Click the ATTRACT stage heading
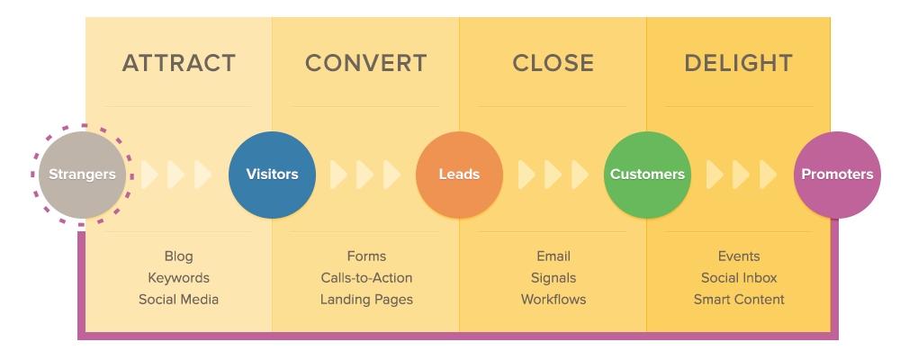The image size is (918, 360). pos(178,64)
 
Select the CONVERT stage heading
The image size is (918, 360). pos(365,64)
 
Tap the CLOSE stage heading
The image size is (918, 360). pos(553,64)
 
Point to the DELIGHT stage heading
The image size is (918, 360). pos(738,64)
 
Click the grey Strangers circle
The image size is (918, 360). pos(82,175)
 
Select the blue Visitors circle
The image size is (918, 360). pos(272,175)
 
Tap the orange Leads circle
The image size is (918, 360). pos(459,175)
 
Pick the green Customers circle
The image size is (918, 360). pos(647,175)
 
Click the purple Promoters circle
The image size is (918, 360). pos(837,175)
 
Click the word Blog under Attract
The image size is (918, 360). pos(178,256)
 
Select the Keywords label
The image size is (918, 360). pos(178,278)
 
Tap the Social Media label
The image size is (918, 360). pos(178,300)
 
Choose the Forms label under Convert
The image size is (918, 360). pos(366,256)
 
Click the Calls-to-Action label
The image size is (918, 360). pos(366,278)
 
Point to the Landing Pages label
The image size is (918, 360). pos(366,300)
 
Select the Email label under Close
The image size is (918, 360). pos(553,256)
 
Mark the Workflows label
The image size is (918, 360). pos(553,300)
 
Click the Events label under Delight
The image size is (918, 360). pos(739,256)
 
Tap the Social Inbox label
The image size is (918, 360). pos(739,278)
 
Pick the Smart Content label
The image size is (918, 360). pos(739,300)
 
